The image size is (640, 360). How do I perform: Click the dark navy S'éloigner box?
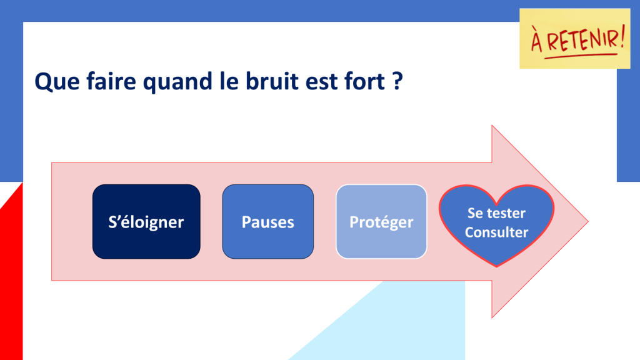[x=146, y=222]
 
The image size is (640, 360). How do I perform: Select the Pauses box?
[x=267, y=222]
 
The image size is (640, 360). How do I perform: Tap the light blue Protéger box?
[x=381, y=222]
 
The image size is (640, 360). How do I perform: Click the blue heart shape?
[x=496, y=225]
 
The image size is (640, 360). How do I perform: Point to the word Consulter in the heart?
[x=496, y=232]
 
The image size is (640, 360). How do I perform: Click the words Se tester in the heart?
[x=496, y=213]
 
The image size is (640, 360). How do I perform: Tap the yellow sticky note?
[x=575, y=38]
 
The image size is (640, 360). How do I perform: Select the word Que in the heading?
[x=57, y=81]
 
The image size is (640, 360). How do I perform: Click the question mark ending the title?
[x=397, y=81]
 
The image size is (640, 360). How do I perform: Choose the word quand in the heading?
[x=177, y=82]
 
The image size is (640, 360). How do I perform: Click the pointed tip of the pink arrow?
[x=587, y=222]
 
